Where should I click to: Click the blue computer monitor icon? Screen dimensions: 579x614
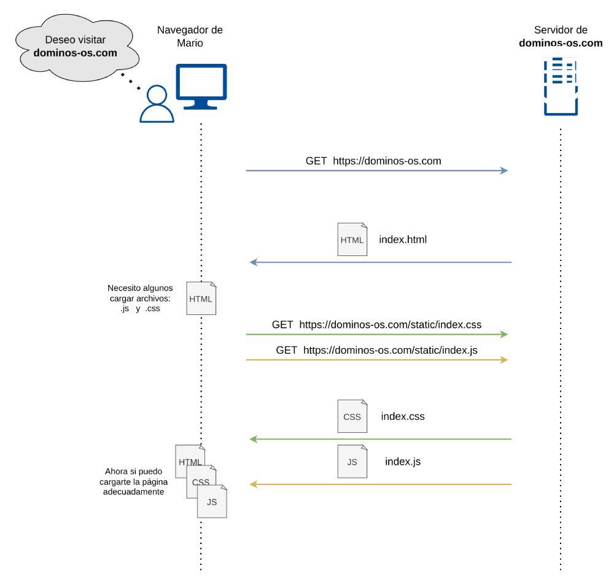tap(201, 86)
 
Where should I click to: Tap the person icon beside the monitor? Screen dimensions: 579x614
tap(157, 105)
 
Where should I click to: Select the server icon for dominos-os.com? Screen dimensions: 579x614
tap(561, 85)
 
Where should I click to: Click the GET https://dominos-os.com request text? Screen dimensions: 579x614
tap(373, 161)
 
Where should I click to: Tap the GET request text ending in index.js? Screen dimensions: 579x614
tap(376, 350)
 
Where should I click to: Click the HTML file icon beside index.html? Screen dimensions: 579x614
tap(352, 239)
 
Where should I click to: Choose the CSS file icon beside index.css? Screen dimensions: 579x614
tap(352, 416)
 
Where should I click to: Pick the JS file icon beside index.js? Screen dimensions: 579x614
tap(352, 462)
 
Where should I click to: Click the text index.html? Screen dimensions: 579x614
tap(403, 239)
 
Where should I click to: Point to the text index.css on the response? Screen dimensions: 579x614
tap(403, 416)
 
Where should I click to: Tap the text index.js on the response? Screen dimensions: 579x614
tap(403, 461)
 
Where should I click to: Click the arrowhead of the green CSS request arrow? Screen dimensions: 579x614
tap(505, 335)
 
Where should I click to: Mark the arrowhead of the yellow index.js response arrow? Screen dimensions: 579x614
tap(252, 485)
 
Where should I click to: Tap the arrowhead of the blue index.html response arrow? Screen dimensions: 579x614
tap(252, 263)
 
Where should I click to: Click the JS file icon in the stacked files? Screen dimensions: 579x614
tap(212, 503)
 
